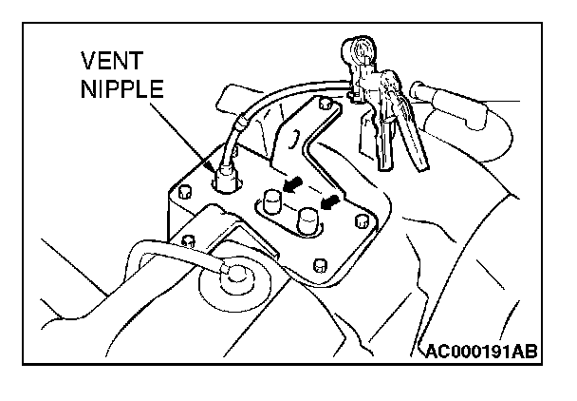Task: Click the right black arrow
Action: click(329, 202)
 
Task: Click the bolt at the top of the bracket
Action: click(325, 100)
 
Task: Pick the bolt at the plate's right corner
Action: click(360, 220)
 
